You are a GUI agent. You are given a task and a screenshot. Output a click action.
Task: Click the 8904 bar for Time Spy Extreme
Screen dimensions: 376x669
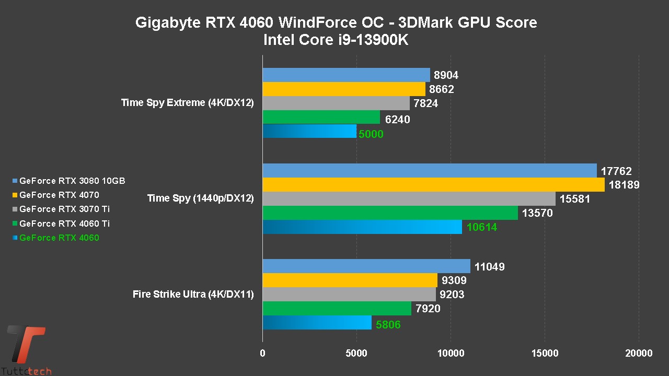click(x=346, y=75)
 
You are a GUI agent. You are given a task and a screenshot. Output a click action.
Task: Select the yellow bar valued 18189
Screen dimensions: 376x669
click(x=433, y=185)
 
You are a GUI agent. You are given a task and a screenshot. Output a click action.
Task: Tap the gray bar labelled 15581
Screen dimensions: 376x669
click(x=409, y=199)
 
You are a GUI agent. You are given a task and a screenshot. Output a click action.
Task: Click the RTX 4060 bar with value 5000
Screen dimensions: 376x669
click(x=309, y=131)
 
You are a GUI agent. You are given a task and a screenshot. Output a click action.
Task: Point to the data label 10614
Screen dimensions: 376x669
click(x=481, y=227)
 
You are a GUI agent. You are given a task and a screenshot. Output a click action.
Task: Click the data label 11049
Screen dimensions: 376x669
click(x=489, y=267)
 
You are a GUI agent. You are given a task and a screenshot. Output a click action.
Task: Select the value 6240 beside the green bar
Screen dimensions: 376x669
click(x=397, y=120)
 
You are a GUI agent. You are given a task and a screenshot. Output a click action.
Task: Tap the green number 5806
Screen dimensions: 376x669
click(x=388, y=325)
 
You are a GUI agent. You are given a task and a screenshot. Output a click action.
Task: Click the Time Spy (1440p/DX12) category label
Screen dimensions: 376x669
click(x=201, y=198)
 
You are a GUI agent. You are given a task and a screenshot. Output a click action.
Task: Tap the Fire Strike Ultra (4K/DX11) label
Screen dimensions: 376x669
click(x=193, y=295)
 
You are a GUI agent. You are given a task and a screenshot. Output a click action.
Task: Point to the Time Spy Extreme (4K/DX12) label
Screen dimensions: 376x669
click(x=188, y=103)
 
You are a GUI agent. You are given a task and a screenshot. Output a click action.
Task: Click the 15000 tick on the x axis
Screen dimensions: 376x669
click(x=545, y=354)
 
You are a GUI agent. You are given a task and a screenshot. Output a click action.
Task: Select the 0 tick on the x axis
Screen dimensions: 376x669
click(x=262, y=354)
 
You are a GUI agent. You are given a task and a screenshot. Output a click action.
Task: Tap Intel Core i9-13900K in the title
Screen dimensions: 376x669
click(x=336, y=40)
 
